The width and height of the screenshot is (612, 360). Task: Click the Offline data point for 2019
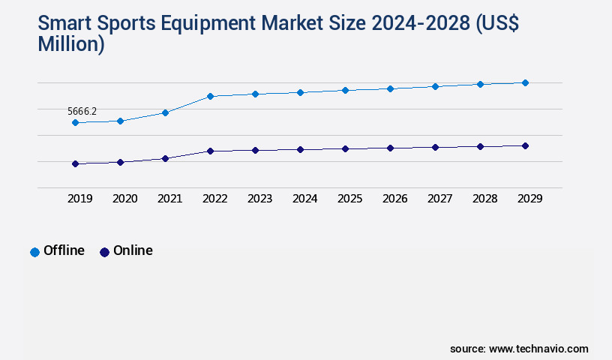(75, 122)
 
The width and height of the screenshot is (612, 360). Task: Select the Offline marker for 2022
(210, 96)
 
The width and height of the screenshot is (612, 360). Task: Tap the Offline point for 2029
(525, 82)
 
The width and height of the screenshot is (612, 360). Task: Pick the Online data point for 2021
(165, 158)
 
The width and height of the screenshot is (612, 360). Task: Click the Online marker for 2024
(300, 149)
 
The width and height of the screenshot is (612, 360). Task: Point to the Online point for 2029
(525, 145)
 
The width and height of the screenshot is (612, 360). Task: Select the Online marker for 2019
(75, 163)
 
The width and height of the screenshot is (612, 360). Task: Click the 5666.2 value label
(82, 111)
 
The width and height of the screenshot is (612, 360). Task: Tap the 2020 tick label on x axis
(124, 199)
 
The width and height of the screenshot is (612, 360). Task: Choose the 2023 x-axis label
(259, 199)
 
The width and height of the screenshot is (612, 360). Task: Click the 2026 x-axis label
(394, 199)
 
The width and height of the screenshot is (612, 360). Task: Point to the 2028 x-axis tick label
(484, 199)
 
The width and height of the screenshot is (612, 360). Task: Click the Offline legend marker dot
(34, 252)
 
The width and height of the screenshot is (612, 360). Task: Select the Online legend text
(133, 250)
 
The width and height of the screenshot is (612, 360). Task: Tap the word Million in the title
(70, 44)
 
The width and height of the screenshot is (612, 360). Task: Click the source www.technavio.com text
(519, 349)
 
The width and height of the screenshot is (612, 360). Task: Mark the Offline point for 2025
(345, 90)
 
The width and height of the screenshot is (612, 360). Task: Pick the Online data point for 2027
(435, 147)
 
